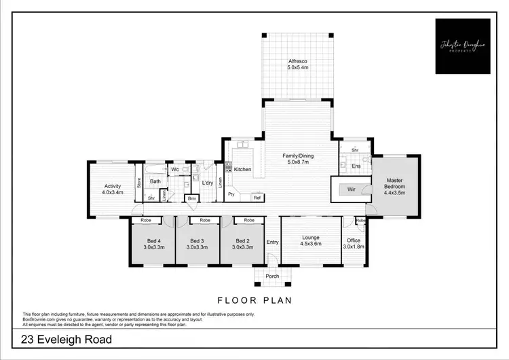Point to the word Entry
pos(272,242)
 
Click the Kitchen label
pos(242,169)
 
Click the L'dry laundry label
pos(208,183)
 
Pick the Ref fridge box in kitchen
pos(257,198)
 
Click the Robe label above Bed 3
pos(204,221)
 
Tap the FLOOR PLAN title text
pos(254,299)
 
